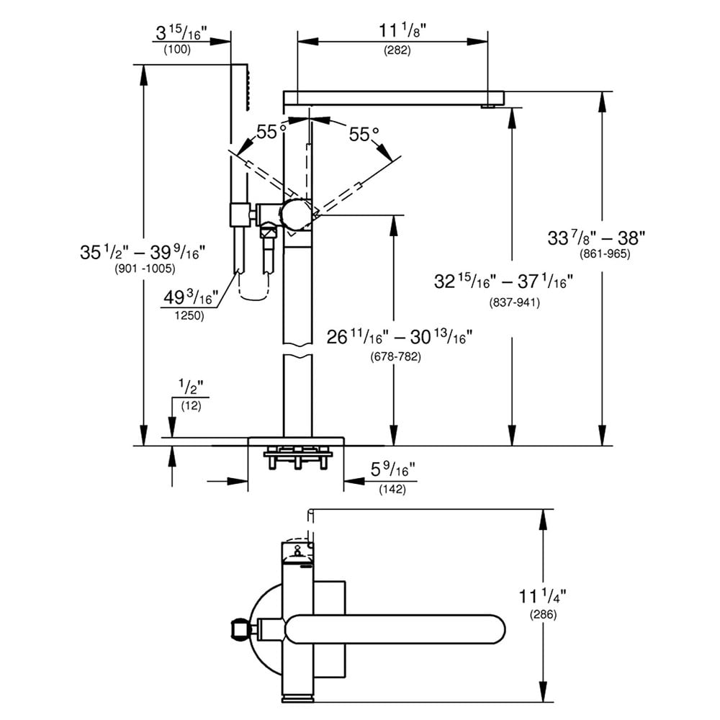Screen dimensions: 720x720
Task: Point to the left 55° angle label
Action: [x=267, y=132]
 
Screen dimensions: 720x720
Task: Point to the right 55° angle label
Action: [x=364, y=134]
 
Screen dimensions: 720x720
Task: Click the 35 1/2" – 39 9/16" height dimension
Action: [x=144, y=252]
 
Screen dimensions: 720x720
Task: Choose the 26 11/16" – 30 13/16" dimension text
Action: [x=400, y=338]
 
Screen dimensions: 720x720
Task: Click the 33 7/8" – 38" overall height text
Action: [x=598, y=238]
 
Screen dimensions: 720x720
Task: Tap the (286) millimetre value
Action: [x=544, y=615]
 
